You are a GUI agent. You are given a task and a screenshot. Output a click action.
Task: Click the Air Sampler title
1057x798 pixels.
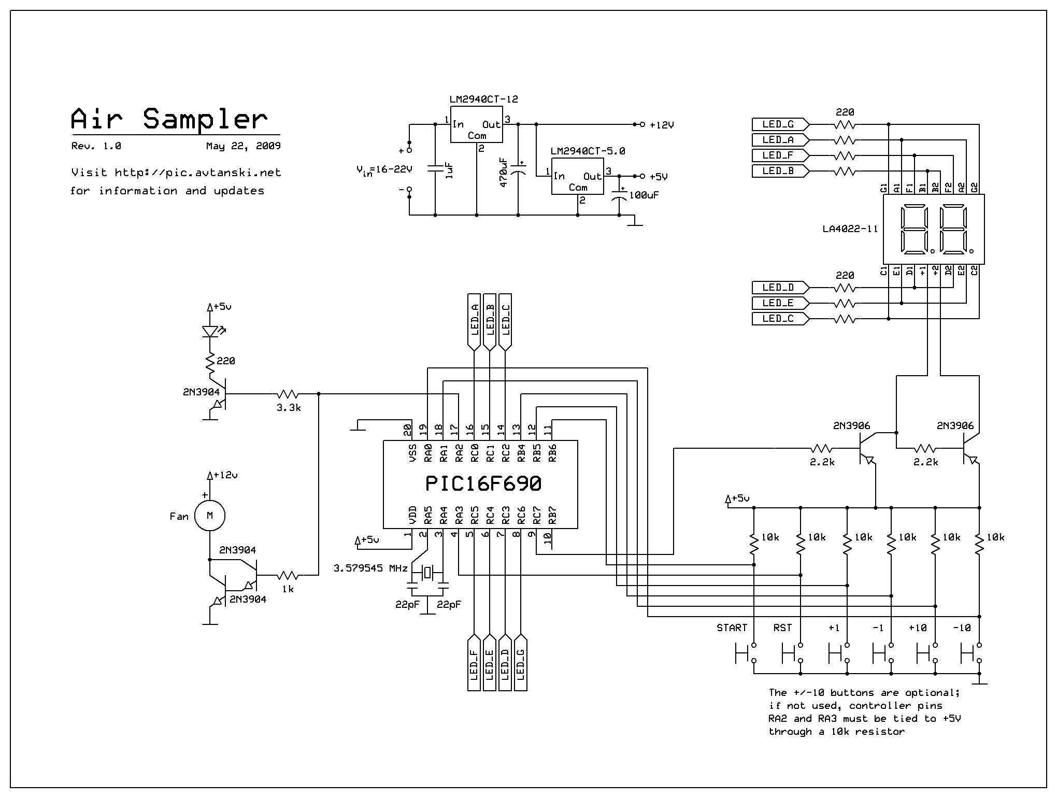(169, 119)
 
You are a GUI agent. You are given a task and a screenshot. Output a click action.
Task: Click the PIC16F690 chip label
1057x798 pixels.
(483, 483)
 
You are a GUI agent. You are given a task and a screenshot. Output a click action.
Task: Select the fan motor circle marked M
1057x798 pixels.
(210, 516)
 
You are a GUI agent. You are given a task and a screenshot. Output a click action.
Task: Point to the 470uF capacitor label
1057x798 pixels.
(503, 172)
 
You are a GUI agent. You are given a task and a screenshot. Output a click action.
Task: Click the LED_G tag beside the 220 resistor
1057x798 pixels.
(778, 124)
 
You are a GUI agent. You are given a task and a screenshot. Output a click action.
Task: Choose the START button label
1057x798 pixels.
(732, 628)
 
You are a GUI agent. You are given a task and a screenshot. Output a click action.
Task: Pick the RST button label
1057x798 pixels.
(782, 628)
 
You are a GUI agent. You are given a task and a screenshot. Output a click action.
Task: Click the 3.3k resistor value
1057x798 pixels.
(289, 407)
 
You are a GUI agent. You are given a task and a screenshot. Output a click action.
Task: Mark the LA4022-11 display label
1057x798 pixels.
(850, 229)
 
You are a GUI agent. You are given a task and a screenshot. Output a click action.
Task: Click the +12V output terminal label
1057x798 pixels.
(662, 125)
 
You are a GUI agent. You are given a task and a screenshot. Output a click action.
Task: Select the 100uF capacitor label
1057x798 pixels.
(644, 195)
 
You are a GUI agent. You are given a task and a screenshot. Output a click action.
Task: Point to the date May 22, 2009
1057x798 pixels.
(243, 146)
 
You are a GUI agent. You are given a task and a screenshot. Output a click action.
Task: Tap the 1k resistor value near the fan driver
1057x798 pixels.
(288, 589)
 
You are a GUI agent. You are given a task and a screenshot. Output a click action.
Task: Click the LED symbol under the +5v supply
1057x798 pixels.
(210, 331)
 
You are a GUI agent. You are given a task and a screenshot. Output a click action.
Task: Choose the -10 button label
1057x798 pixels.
(962, 628)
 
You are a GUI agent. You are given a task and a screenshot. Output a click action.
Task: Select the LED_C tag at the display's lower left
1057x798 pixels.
(778, 319)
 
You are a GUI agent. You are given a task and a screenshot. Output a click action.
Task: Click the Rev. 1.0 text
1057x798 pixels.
(96, 146)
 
